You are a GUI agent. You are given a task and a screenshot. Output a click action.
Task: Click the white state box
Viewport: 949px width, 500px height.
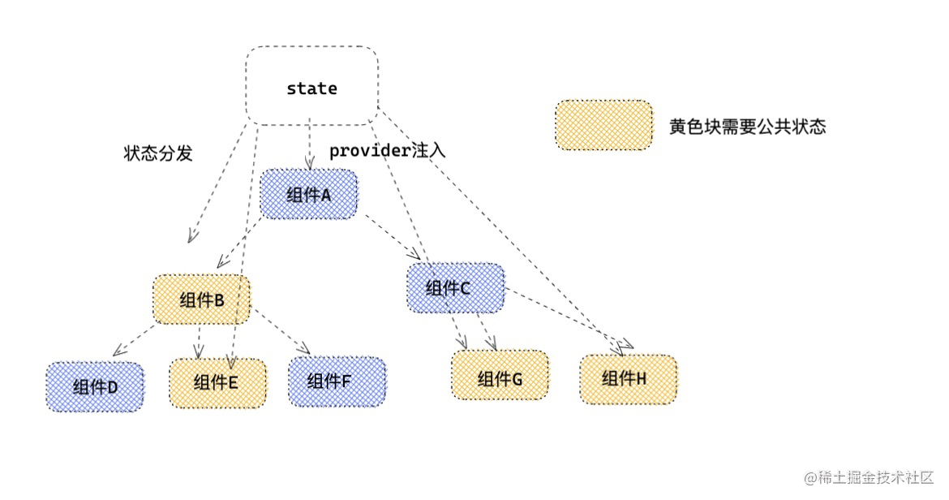[x=311, y=86]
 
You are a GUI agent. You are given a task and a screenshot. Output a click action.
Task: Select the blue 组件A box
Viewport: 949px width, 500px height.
[x=308, y=194]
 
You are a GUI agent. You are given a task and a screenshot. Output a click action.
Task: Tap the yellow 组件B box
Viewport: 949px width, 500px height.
[x=202, y=300]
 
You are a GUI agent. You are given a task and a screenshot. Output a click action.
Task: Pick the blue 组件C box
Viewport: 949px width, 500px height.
[x=455, y=288]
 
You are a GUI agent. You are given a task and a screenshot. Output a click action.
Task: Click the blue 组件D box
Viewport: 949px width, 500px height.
[x=95, y=386]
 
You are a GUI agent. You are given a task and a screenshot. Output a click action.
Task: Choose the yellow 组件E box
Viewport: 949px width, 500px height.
[x=217, y=382]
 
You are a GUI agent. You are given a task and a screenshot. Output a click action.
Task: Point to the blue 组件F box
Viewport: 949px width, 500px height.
[x=337, y=381]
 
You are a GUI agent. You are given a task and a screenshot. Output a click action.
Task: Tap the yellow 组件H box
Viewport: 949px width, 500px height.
[x=628, y=379]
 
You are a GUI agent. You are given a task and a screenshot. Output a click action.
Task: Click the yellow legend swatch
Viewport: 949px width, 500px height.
[x=603, y=126]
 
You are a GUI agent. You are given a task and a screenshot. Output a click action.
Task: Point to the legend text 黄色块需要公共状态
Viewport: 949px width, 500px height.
[x=747, y=127]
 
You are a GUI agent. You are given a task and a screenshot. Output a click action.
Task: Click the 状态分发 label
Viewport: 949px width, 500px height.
[x=158, y=153]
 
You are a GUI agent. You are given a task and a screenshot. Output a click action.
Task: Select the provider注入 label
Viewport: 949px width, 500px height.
[x=387, y=151]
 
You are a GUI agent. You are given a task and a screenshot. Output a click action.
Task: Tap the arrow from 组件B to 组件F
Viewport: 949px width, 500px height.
[x=280, y=331]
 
